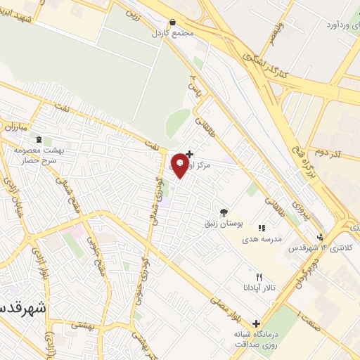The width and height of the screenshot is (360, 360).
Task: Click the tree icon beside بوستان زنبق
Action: click(x=224, y=211)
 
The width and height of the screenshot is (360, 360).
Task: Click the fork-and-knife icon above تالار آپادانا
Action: click(x=259, y=278)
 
